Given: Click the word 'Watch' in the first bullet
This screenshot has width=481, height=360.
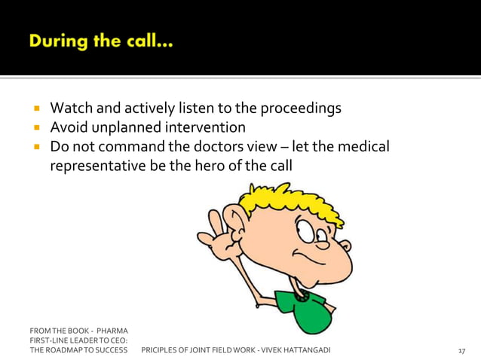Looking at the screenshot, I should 70,108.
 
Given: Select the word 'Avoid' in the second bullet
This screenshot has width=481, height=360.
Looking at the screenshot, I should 68,128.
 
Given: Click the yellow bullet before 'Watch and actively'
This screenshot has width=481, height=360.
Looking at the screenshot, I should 35,109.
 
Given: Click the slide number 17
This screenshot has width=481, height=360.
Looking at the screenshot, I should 462,351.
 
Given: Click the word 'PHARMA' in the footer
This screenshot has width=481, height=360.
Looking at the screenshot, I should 112,331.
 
